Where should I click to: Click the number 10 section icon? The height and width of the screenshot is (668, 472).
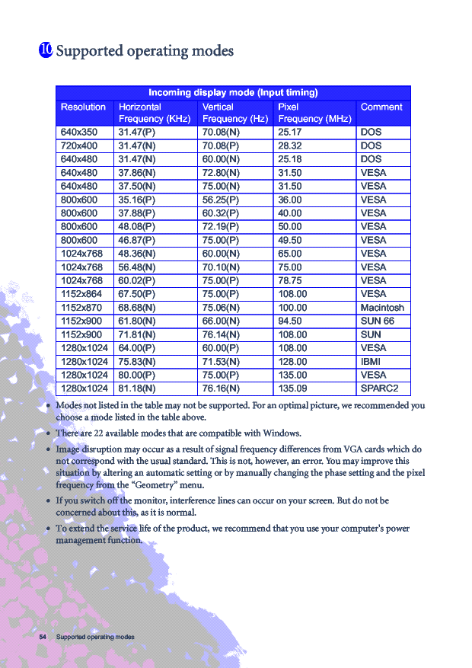45,50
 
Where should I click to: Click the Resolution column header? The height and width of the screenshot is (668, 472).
83,107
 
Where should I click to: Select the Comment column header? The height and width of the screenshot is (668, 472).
381,107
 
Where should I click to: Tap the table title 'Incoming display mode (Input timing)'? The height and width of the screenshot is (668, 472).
233,93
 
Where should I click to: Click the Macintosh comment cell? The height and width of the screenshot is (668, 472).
382,308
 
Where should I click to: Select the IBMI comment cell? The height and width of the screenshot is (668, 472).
371,362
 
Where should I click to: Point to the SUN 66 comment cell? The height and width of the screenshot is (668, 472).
377,321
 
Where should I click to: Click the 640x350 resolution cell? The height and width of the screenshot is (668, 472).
79,132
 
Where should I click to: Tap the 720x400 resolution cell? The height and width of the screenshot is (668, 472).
79,145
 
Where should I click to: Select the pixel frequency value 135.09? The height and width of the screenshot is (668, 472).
293,389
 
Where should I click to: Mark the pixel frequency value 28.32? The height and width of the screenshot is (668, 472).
290,145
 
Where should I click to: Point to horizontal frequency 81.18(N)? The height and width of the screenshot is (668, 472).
137,389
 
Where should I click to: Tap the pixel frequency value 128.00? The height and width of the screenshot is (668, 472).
293,362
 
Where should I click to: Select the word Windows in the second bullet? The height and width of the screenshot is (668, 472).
281,433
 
